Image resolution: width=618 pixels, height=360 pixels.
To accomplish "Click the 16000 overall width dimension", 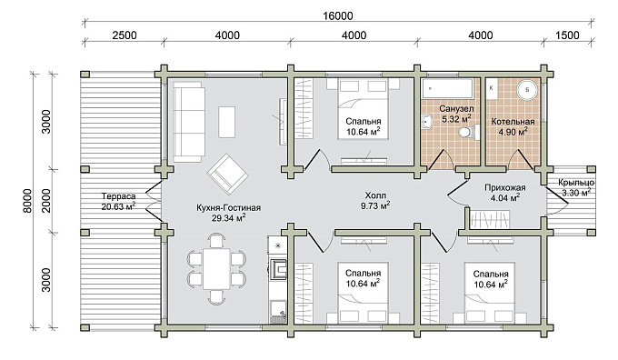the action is tap(338, 16).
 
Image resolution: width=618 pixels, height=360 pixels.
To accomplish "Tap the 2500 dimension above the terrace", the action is tap(125, 35).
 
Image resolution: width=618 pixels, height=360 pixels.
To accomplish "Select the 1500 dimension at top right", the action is tap(567, 35).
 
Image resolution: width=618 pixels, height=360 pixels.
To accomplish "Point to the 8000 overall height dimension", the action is tap(26, 201).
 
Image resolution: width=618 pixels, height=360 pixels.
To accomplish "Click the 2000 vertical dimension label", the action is tap(46, 201).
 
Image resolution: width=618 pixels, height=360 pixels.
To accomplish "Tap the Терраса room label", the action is tap(118, 196).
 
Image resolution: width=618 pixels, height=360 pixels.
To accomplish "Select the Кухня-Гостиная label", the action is tap(229, 208).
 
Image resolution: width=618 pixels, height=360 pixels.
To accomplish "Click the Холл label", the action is tap(375, 195).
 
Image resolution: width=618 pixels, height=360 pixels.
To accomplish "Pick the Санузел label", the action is tap(456, 108).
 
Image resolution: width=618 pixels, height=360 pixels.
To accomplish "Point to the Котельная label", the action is tap(513, 122).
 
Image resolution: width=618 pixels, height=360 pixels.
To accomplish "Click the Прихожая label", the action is tap(505, 187).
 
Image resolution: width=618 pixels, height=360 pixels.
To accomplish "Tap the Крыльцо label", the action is tap(576, 183).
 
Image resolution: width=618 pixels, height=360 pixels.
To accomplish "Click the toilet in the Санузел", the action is tap(470, 131).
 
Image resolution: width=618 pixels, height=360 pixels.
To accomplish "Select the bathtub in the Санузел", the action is tap(447, 89).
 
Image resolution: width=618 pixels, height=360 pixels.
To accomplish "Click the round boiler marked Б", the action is tap(527, 90).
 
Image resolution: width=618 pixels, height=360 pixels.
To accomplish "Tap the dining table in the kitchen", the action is tap(216, 269).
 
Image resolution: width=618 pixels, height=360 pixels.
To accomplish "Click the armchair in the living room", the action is tap(228, 174).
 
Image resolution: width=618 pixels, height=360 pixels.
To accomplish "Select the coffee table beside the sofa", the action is tap(226, 122).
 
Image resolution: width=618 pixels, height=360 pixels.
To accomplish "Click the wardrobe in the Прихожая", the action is tap(489, 219).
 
